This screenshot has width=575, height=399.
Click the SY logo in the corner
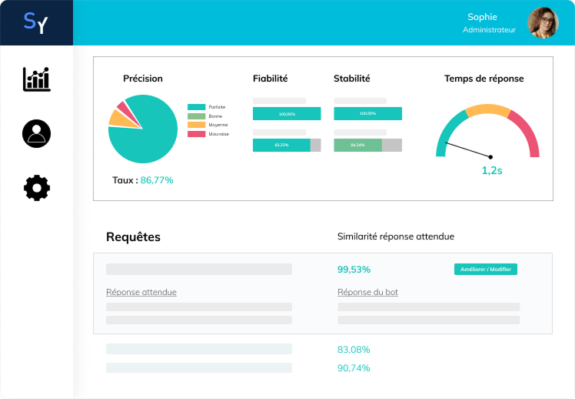pyautogui.click(x=35, y=23)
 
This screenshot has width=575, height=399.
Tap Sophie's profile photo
pyautogui.click(x=543, y=23)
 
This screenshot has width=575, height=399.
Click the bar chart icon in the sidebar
pyautogui.click(x=36, y=79)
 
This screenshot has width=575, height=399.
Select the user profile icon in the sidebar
pyautogui.click(x=36, y=133)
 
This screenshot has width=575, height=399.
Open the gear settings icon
pyautogui.click(x=36, y=188)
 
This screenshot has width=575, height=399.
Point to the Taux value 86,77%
pyautogui.click(x=157, y=180)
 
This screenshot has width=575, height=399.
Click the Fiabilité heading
pyautogui.click(x=270, y=79)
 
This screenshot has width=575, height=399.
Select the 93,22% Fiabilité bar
pyautogui.click(x=281, y=145)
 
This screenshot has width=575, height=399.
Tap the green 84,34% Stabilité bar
pyautogui.click(x=358, y=145)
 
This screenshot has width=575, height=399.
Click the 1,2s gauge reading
pyautogui.click(x=492, y=171)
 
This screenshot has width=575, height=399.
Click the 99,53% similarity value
pyautogui.click(x=354, y=270)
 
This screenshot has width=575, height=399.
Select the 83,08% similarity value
pyautogui.click(x=354, y=349)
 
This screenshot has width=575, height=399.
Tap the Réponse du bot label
pyautogui.click(x=367, y=293)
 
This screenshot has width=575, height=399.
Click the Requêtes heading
pyautogui.click(x=133, y=237)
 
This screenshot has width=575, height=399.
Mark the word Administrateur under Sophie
pyautogui.click(x=489, y=30)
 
